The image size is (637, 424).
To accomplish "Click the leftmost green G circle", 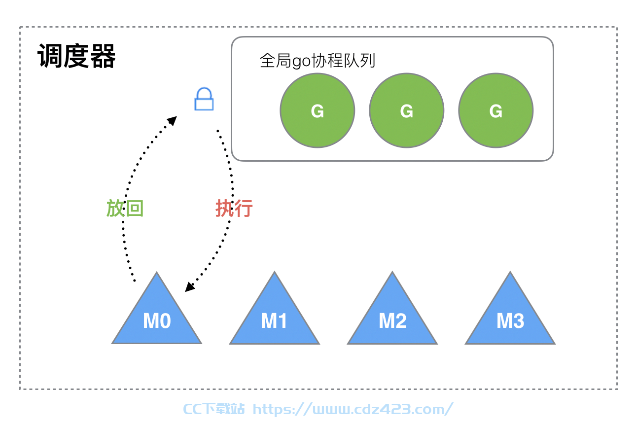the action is (x=318, y=110).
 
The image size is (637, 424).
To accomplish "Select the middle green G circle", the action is (x=407, y=110).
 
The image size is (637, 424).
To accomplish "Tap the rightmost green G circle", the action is (x=496, y=110).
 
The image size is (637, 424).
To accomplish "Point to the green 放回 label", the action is (x=125, y=208).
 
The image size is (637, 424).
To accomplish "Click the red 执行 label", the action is (x=234, y=208).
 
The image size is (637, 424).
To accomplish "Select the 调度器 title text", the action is (x=76, y=56).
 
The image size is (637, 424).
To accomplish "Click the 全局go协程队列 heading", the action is (x=318, y=61).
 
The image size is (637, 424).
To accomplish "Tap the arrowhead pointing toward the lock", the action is (x=173, y=121).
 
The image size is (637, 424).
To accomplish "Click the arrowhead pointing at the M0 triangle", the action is (x=189, y=286).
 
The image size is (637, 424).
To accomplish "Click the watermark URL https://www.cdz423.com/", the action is (x=353, y=409).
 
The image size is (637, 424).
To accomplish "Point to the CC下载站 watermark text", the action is (x=214, y=409).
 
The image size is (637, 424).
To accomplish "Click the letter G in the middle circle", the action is (x=407, y=111).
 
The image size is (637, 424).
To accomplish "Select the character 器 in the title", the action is (x=103, y=56).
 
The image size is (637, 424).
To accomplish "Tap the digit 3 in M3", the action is (x=518, y=321).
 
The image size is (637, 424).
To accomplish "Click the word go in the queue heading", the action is (x=301, y=62).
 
